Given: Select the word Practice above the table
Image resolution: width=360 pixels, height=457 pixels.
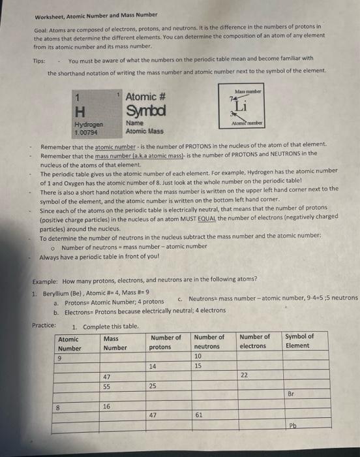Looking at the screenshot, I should [44, 325].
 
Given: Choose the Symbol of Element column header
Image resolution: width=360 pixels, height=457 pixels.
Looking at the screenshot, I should [299, 341].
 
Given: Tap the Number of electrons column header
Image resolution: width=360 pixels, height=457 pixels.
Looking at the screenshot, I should [254, 341].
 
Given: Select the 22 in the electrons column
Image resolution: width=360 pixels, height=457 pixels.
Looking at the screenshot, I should [244, 375].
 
